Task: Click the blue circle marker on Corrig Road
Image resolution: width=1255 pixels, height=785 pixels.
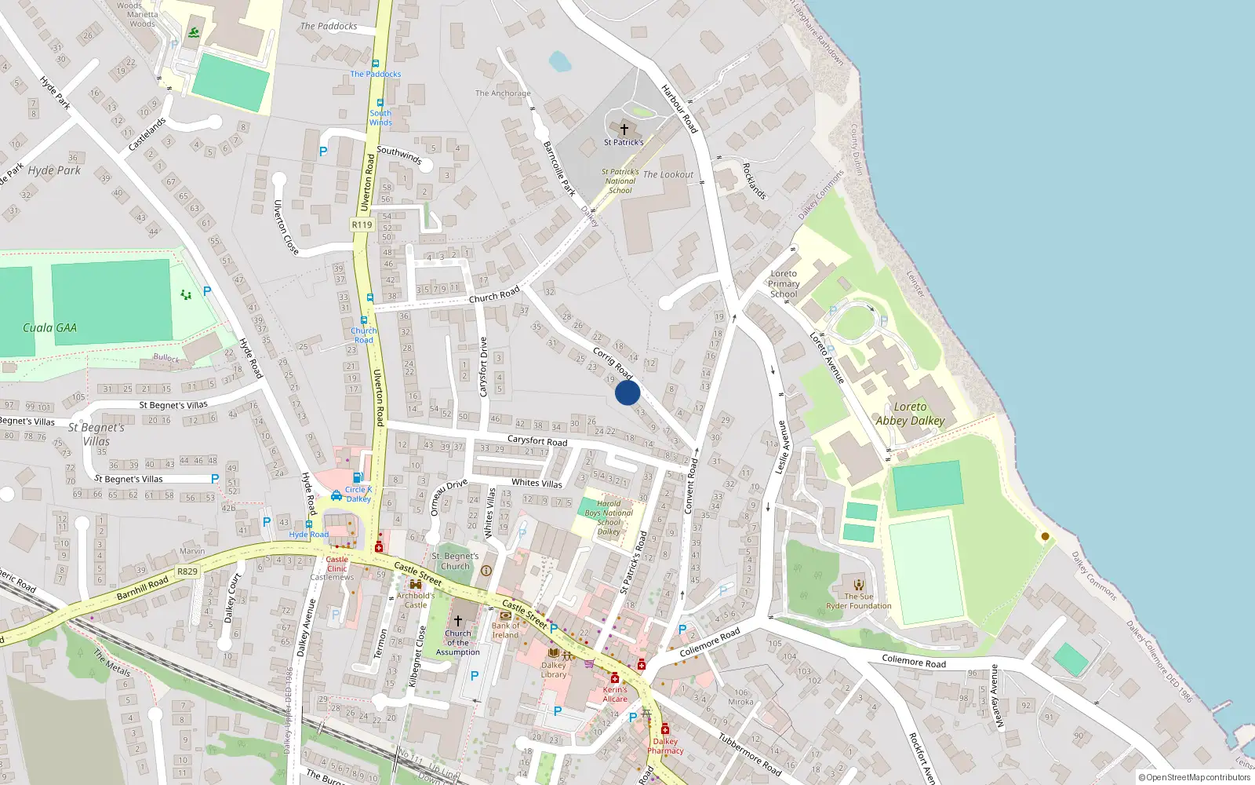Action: point(627,392)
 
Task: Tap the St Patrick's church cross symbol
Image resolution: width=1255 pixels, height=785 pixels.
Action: point(624,130)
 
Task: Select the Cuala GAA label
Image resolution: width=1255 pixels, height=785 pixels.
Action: point(49,328)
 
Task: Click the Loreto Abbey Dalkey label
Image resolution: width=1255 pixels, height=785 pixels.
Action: point(910,414)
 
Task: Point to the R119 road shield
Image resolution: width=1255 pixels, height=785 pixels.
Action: point(362,225)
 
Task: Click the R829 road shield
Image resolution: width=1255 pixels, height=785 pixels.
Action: point(187,571)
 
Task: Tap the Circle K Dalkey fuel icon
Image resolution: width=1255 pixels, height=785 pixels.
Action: point(358,477)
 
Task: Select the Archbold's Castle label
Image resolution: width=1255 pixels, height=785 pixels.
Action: point(416,600)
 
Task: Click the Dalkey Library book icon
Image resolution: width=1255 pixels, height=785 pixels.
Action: point(554,653)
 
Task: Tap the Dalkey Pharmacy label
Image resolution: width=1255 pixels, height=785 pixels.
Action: point(665,746)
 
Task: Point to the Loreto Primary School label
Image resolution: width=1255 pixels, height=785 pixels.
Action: point(784,284)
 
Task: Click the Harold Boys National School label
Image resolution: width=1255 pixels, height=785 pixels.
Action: point(609,517)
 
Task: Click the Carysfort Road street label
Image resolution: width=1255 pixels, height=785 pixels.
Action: point(537,441)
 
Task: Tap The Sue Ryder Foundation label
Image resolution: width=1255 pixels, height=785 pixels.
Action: point(859,601)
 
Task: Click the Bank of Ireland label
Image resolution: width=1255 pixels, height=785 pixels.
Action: point(506,630)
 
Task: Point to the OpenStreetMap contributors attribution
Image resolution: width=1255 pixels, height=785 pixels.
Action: point(1195,778)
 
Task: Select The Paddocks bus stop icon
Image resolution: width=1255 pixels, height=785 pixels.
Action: point(376,64)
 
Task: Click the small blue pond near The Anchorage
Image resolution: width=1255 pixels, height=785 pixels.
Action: point(560,60)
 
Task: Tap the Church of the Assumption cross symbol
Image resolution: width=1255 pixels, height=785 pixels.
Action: point(458,621)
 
